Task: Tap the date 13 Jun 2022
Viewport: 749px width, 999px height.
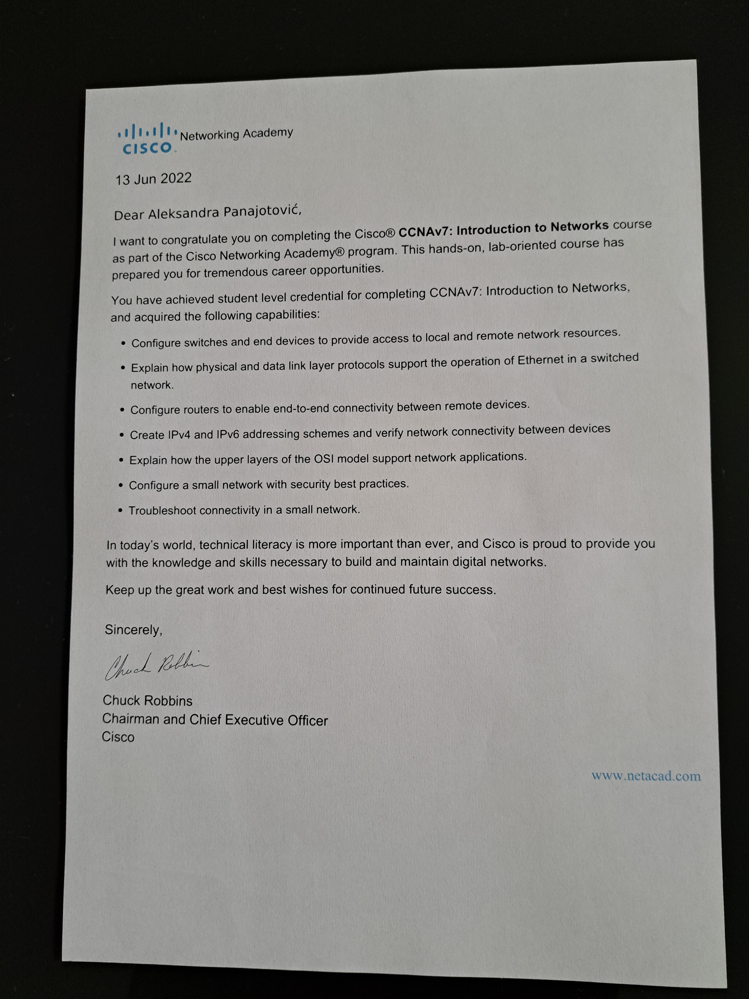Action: (154, 179)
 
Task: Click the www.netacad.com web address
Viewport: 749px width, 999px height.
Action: (646, 776)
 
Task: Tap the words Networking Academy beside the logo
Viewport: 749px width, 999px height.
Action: (236, 134)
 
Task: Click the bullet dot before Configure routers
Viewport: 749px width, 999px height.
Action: (122, 410)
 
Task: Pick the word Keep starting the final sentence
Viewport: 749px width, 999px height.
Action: (118, 590)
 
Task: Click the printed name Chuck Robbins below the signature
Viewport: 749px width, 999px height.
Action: (147, 700)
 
